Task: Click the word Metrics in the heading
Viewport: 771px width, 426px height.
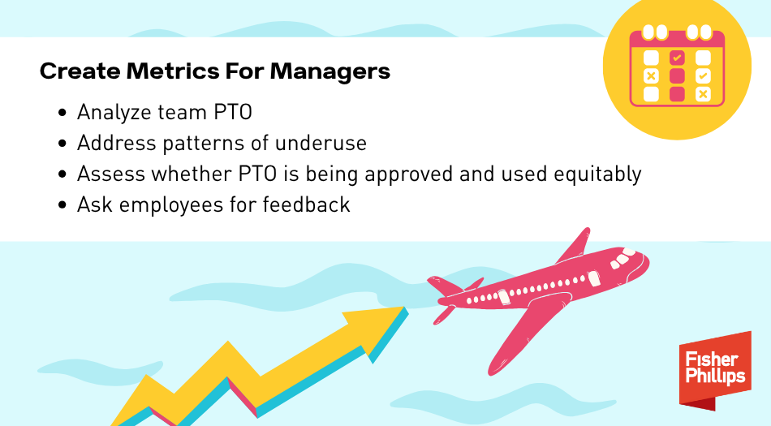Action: (173, 71)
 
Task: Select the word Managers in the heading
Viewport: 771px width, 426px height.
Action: (330, 71)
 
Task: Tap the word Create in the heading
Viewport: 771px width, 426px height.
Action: (80, 71)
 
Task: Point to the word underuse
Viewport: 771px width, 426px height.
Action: (321, 143)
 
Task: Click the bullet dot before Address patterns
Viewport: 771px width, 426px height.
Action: (62, 144)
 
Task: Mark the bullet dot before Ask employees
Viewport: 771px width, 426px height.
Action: (62, 205)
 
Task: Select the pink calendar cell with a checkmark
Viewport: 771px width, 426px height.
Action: (677, 58)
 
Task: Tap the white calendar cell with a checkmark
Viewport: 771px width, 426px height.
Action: (703, 75)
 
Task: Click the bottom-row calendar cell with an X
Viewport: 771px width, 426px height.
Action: (703, 94)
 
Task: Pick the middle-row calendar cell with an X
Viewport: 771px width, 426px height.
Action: (651, 75)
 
